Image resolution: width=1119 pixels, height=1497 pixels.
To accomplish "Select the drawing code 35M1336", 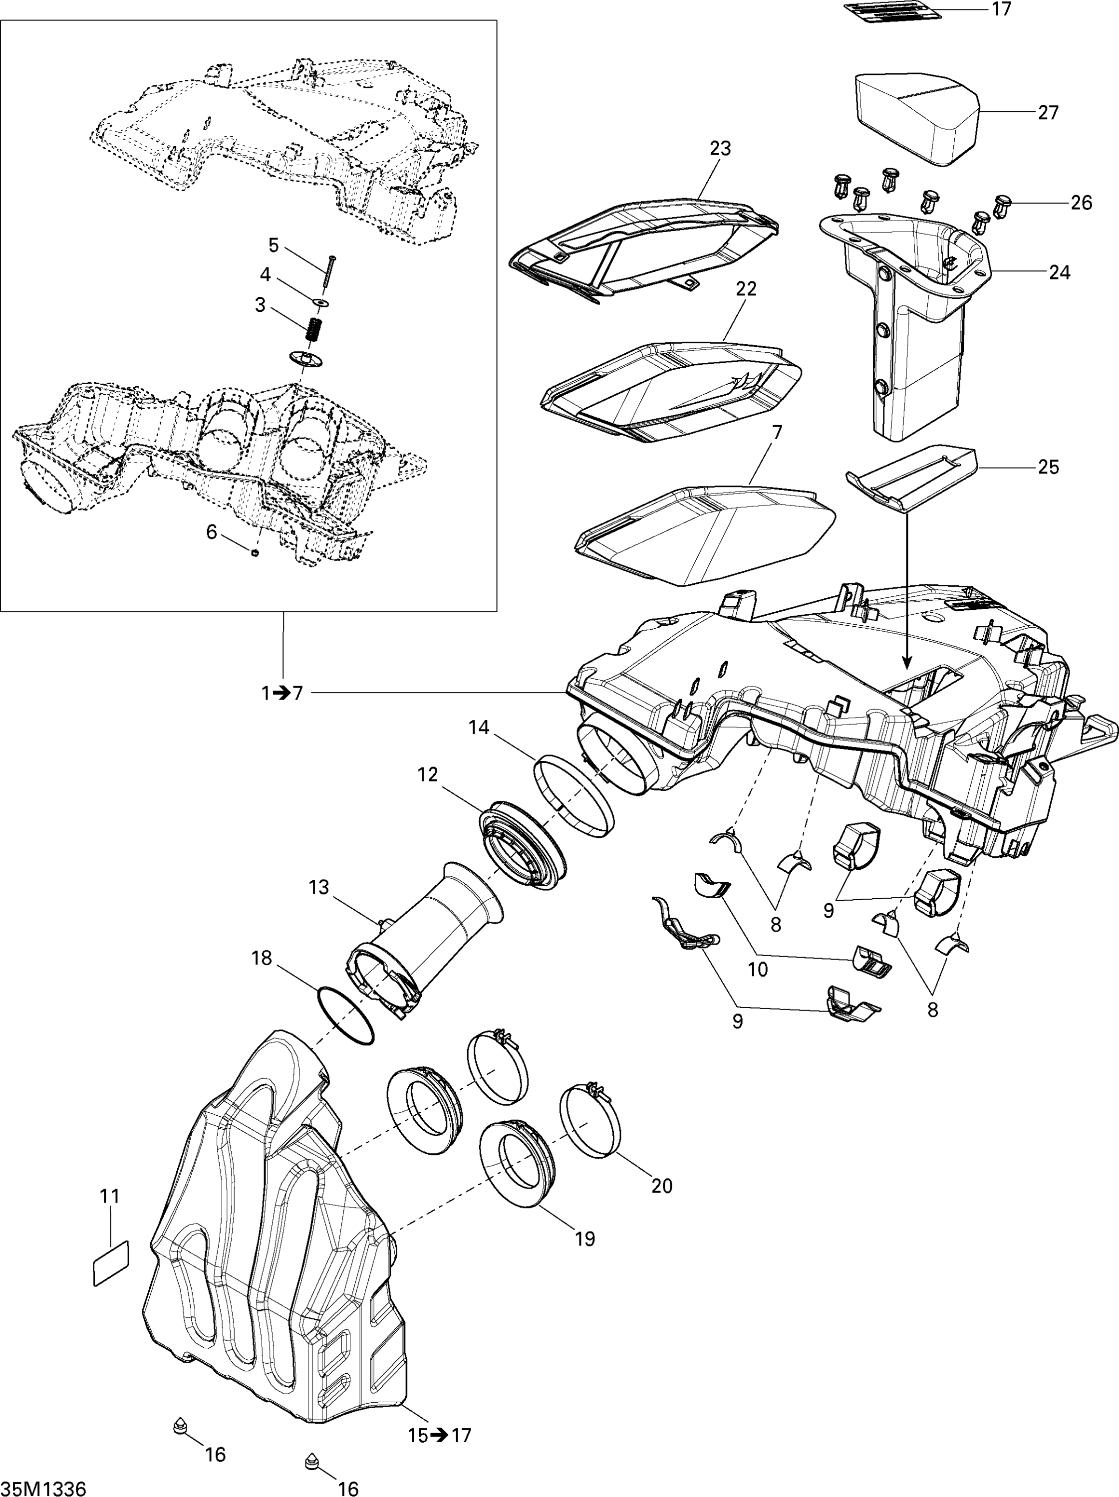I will pyautogui.click(x=43, y=1488).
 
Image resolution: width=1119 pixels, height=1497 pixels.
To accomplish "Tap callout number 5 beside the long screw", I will pyautogui.click(x=274, y=245).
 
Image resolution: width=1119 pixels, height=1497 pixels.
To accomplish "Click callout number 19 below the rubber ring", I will pyautogui.click(x=584, y=1239).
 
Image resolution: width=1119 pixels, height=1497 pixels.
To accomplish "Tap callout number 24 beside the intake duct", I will pyautogui.click(x=1060, y=272).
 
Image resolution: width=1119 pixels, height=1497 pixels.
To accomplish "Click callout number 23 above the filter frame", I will pyautogui.click(x=720, y=148).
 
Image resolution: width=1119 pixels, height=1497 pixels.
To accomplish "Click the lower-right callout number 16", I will pyautogui.click(x=348, y=1488).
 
